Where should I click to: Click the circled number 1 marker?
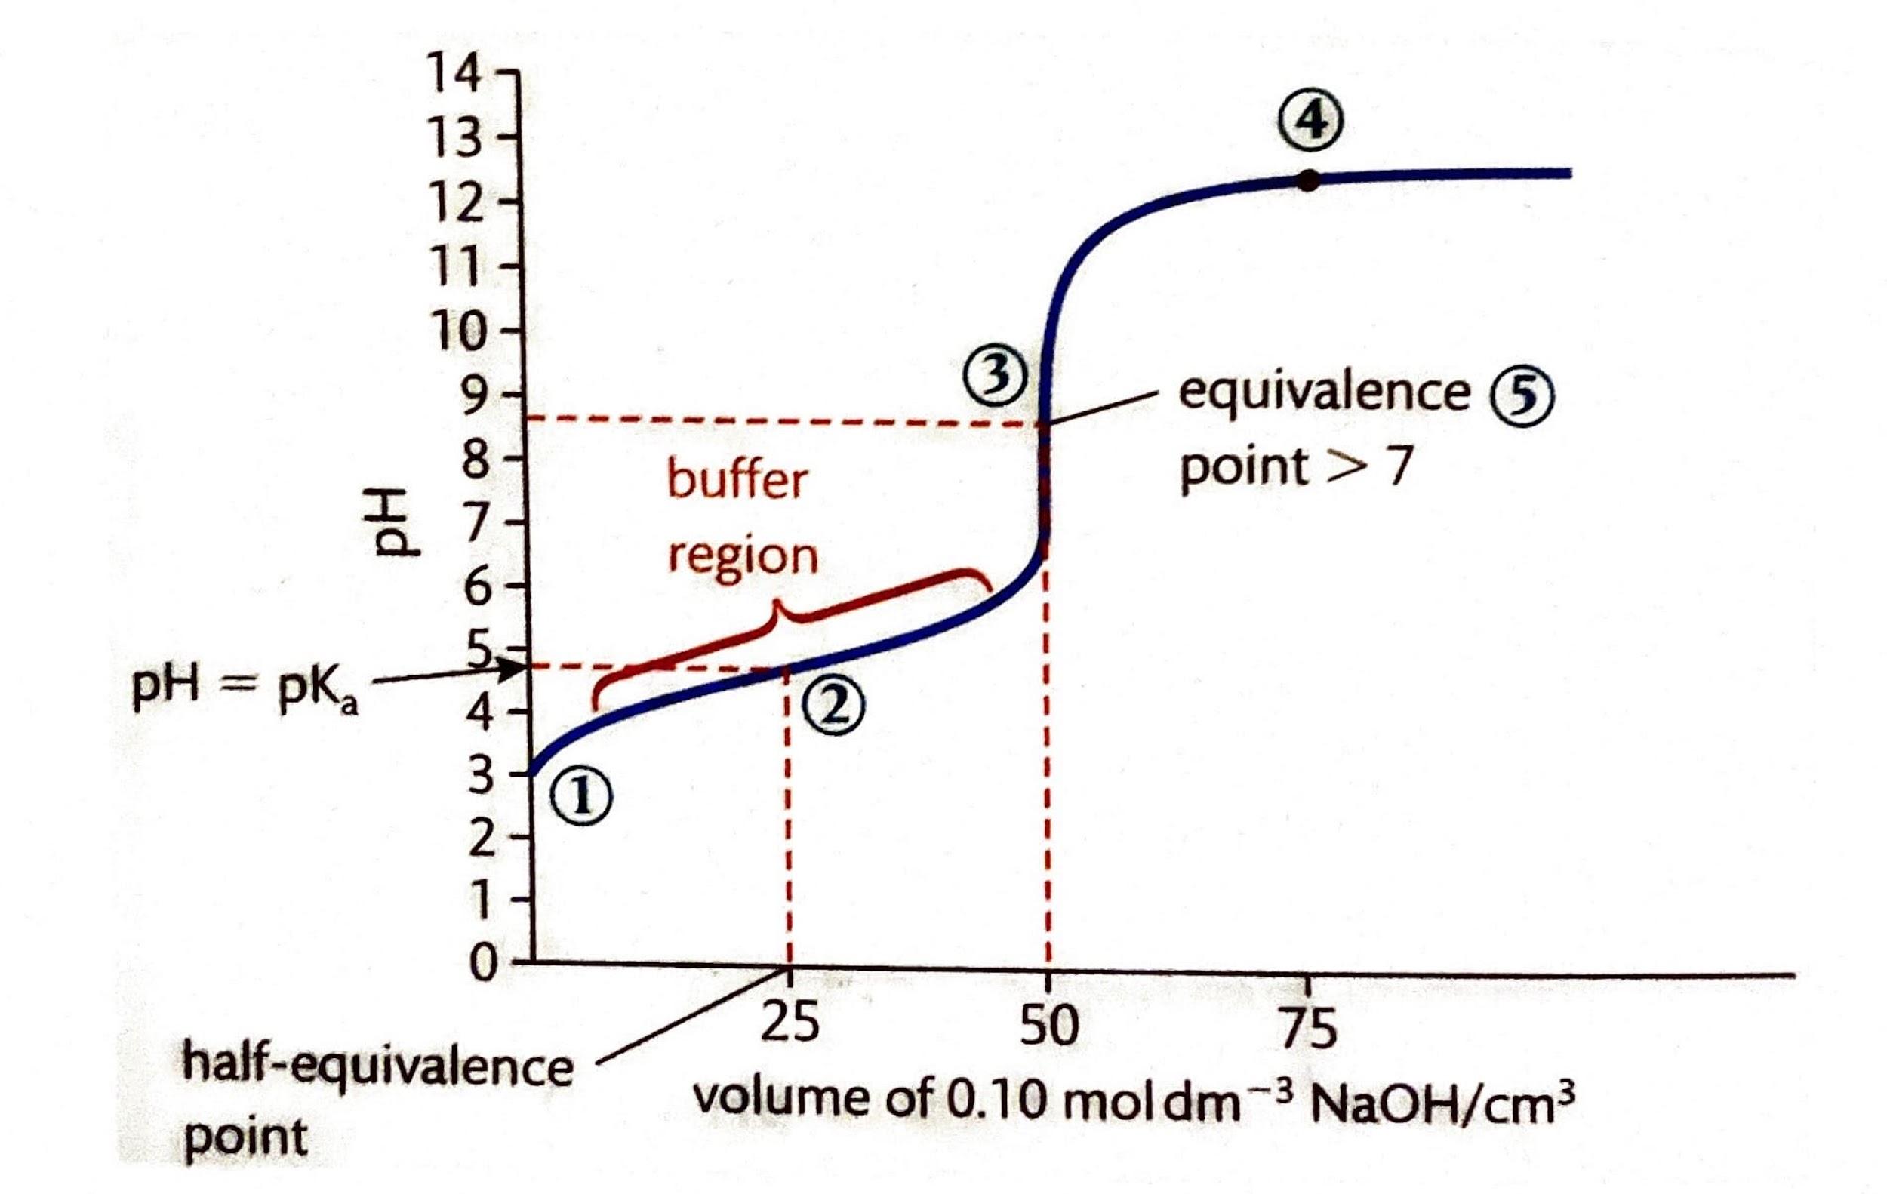(x=580, y=798)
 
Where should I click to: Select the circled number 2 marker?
(x=834, y=706)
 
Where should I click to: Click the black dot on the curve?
(x=1307, y=181)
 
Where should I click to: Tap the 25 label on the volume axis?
(x=789, y=1023)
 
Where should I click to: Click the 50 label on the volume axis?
(x=1048, y=1026)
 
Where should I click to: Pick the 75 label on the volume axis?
(x=1308, y=1027)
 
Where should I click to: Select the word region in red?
(x=742, y=556)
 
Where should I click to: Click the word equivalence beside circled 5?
(x=1325, y=392)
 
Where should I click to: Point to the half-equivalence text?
(x=377, y=1066)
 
